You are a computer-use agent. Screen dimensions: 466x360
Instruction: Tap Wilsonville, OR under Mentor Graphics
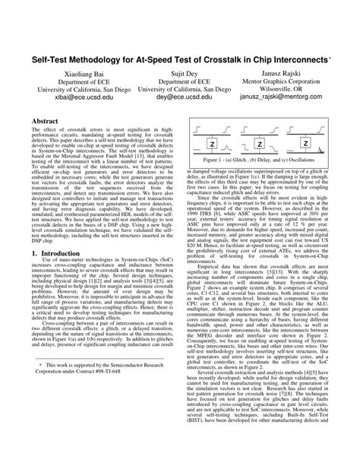click(288, 89)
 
